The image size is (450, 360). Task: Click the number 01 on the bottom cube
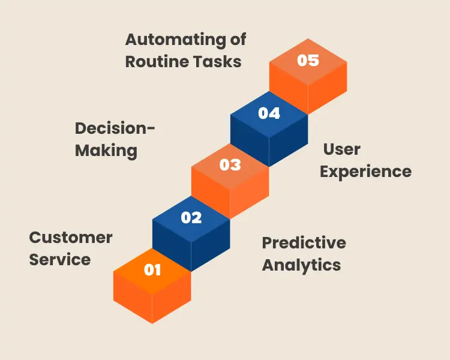point(152,270)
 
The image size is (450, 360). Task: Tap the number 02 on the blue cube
point(191,217)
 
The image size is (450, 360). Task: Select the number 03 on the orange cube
point(230,165)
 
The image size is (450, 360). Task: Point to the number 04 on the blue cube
point(269,113)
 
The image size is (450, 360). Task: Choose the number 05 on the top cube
point(308,61)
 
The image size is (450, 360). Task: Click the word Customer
point(71,237)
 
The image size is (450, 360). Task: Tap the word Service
point(60,259)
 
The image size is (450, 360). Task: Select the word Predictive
point(304,242)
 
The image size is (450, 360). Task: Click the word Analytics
point(301,265)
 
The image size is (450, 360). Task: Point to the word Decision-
point(115,128)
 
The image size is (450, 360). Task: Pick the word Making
point(106,151)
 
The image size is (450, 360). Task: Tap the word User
point(341,149)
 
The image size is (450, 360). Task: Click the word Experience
point(365,171)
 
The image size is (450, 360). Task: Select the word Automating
point(170,40)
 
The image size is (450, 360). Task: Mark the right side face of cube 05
point(328,90)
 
